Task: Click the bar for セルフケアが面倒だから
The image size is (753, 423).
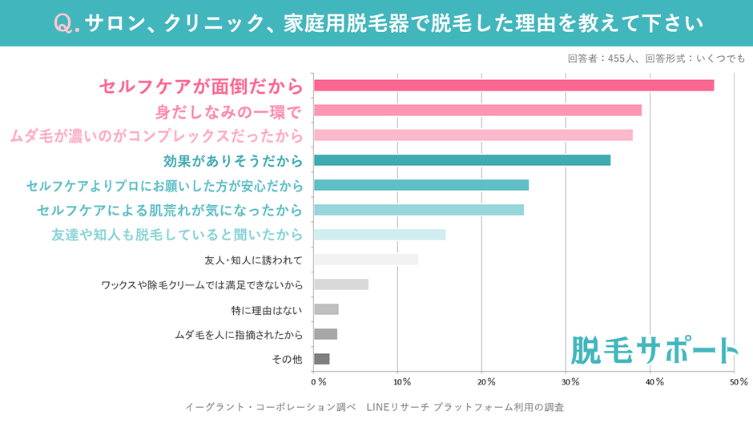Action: [513, 86]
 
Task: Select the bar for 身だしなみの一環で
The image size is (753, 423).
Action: [477, 111]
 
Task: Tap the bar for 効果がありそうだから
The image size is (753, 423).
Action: [462, 160]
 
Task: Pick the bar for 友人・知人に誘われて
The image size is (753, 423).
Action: [366, 260]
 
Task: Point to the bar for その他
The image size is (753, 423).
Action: [322, 359]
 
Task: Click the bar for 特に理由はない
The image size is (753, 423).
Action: [326, 309]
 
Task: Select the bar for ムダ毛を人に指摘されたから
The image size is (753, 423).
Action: [325, 334]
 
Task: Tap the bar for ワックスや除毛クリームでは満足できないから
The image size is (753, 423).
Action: [341, 284]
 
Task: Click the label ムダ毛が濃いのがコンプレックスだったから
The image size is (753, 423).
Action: [157, 135]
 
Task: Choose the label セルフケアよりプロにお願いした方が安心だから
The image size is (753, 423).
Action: [165, 186]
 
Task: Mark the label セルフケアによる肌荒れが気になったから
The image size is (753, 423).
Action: [170, 211]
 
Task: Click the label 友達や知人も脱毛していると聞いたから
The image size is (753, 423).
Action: [177, 236]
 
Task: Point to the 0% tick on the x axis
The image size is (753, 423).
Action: [318, 381]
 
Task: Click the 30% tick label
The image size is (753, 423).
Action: [570, 381]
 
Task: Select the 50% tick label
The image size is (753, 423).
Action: [738, 381]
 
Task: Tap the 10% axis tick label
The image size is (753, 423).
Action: [401, 381]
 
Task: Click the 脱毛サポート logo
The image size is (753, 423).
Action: [654, 348]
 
